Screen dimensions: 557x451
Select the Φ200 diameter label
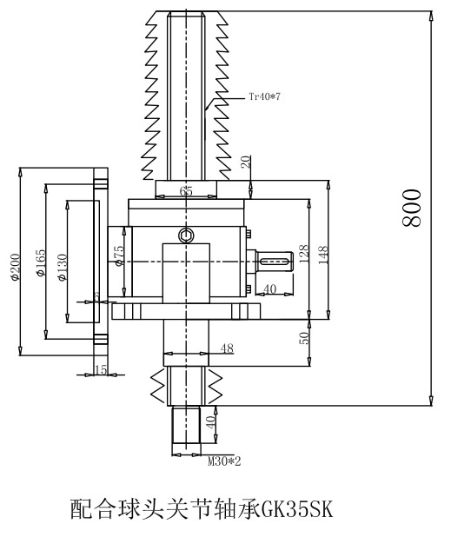[14, 268]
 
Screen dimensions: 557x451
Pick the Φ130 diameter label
[62, 267]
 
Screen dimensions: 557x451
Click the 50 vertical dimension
[305, 338]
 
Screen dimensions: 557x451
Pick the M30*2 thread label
[222, 461]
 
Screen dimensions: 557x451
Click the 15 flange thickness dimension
[100, 370]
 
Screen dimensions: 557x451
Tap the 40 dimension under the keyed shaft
[269, 289]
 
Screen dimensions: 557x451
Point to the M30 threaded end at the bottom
[188, 428]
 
